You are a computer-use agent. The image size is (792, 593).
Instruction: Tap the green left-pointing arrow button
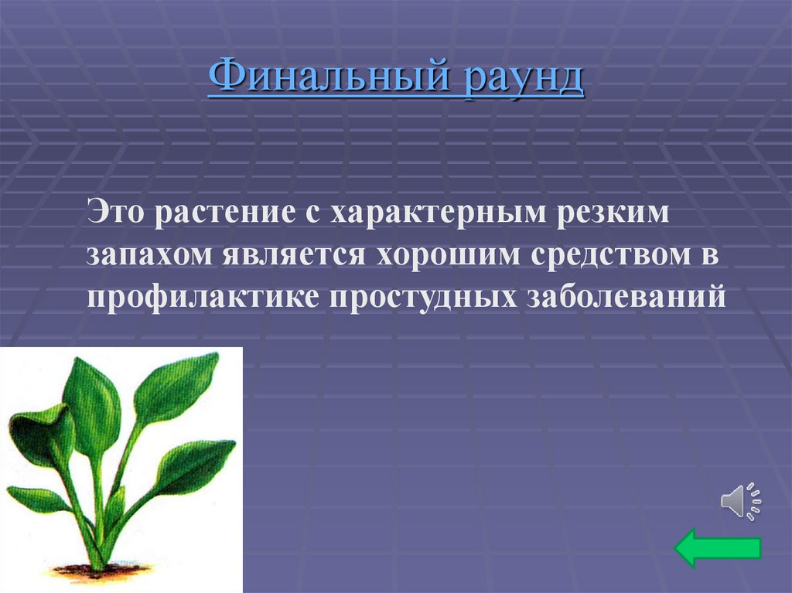[x=718, y=547]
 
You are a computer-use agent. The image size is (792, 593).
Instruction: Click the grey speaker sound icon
[x=740, y=501]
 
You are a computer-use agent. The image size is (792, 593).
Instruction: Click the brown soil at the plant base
[x=97, y=572]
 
